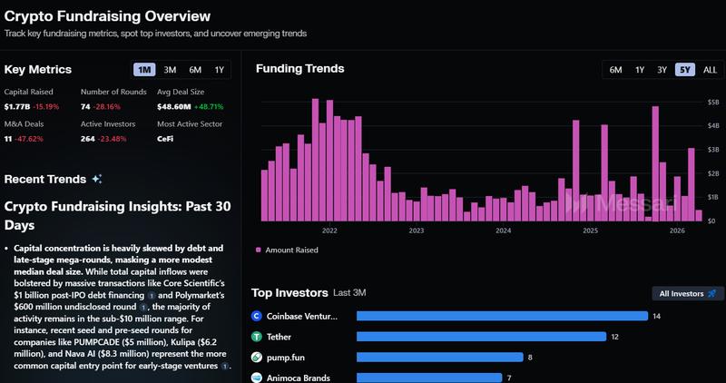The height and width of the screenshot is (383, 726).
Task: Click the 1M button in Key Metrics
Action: pyautogui.click(x=143, y=70)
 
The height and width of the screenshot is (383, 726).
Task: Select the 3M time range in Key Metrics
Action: pyautogui.click(x=170, y=70)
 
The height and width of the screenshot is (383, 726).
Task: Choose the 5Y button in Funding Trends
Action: pyautogui.click(x=684, y=70)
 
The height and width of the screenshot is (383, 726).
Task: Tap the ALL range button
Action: pyautogui.click(x=710, y=70)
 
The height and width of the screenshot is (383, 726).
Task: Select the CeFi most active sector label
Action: pyautogui.click(x=166, y=139)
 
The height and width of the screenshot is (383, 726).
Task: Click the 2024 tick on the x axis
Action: pyautogui.click(x=503, y=231)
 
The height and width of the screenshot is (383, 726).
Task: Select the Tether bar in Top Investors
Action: pyautogui.click(x=481, y=337)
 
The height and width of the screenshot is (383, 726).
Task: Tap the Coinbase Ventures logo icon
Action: pyautogui.click(x=257, y=317)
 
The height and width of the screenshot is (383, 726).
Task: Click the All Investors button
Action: pyautogui.click(x=685, y=293)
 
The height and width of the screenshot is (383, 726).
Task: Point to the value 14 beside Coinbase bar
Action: pyautogui.click(x=657, y=317)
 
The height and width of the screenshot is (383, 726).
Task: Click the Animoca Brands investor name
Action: pyautogui.click(x=297, y=378)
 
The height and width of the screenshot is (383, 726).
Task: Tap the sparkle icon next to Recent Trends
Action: pyautogui.click(x=97, y=179)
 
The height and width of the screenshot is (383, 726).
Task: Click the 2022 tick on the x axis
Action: pyautogui.click(x=329, y=231)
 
